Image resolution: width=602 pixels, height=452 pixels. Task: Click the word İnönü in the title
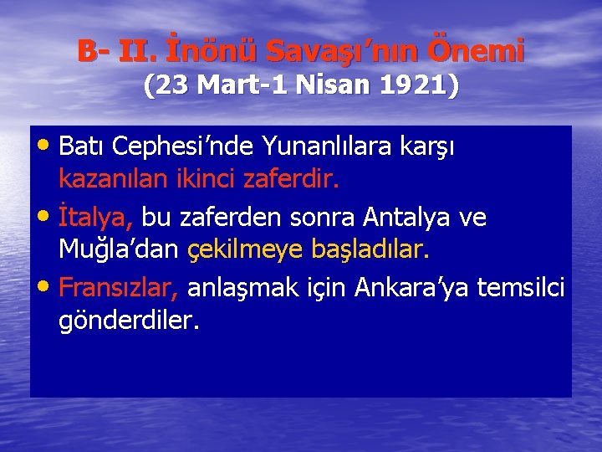click(211, 52)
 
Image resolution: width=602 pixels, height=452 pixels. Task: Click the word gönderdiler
click(129, 320)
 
